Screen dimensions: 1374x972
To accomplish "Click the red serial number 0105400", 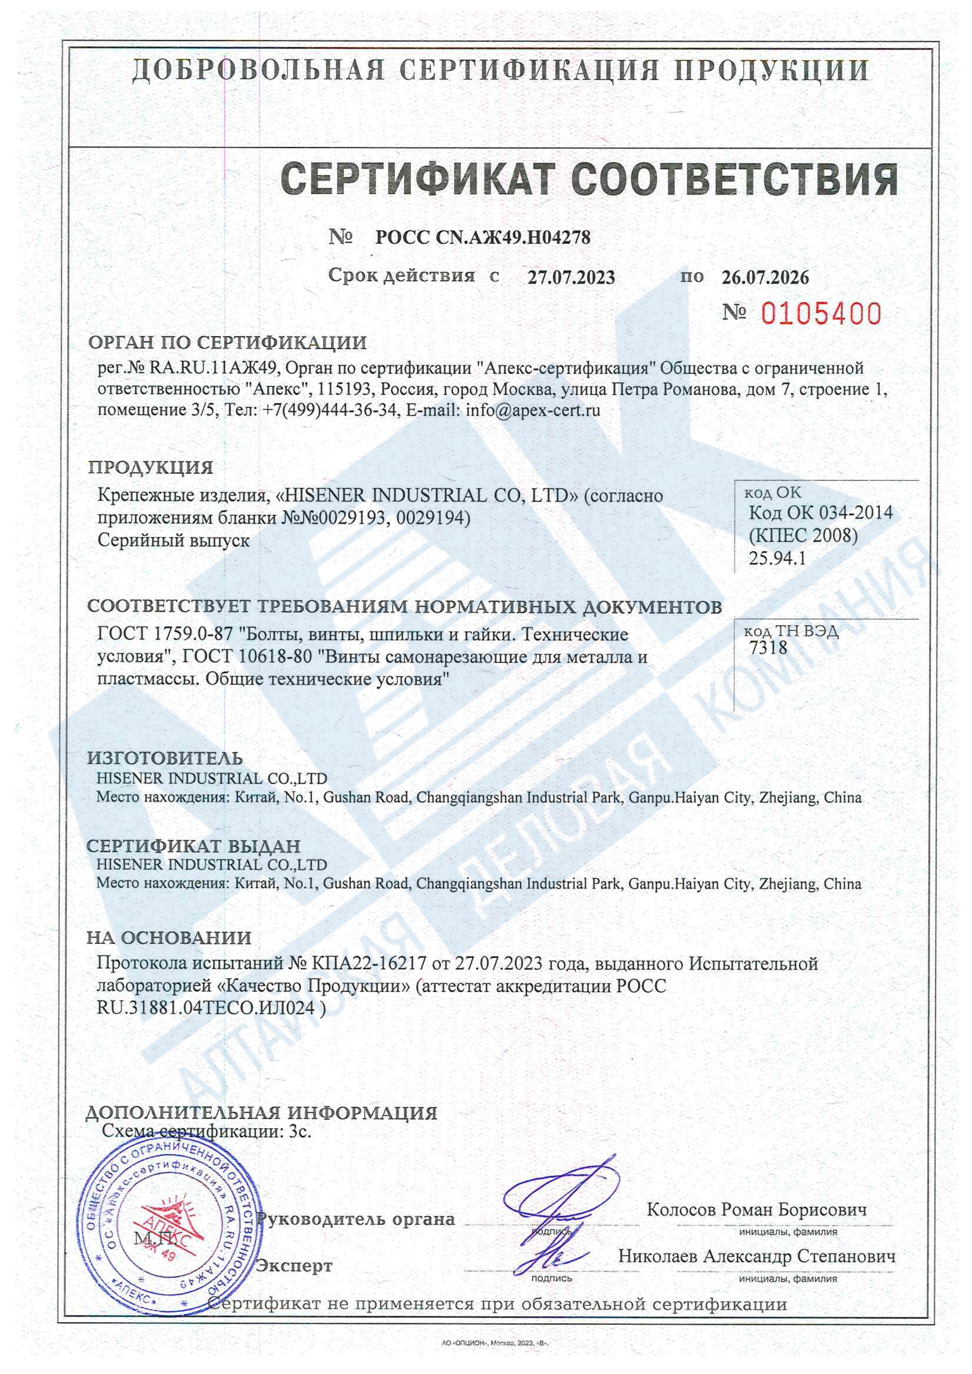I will [x=821, y=314].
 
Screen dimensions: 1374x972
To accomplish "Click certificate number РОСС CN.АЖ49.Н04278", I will [x=482, y=238].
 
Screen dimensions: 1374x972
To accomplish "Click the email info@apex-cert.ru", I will [x=533, y=410].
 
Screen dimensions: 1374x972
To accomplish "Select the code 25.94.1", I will [x=777, y=559].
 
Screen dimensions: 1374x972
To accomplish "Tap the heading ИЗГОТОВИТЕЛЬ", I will [x=165, y=758].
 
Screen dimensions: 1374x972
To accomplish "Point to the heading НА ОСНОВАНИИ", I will [x=169, y=938].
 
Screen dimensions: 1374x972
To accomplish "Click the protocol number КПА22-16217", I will [x=369, y=964].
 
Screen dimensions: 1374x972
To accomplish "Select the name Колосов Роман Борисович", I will [x=757, y=1209].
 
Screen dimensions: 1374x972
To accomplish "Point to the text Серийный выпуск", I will [x=173, y=541].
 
